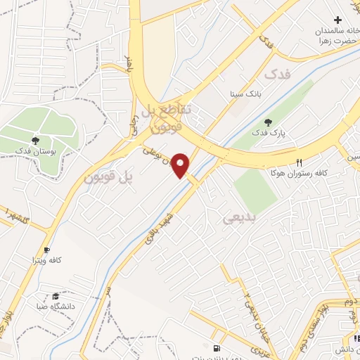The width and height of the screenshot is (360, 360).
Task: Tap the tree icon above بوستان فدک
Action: (x=35, y=141)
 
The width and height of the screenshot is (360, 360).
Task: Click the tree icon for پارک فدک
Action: (x=266, y=123)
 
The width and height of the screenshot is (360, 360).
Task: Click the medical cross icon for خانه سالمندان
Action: (x=338, y=19)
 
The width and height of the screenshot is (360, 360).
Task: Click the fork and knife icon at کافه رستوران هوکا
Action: (x=300, y=162)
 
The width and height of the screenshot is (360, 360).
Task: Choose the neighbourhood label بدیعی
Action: (x=237, y=219)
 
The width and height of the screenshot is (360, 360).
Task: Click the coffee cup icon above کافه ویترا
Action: (x=46, y=250)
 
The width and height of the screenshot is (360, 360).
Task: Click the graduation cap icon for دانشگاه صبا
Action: (x=56, y=296)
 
